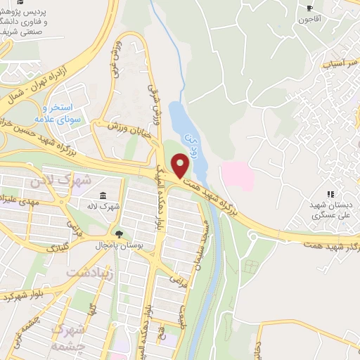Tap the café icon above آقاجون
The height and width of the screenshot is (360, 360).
pos(309,8)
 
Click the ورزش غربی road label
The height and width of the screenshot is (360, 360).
pos(116,59)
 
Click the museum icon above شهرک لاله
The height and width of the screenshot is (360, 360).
pos(103,195)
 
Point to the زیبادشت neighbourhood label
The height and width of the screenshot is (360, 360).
pos(91,271)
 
